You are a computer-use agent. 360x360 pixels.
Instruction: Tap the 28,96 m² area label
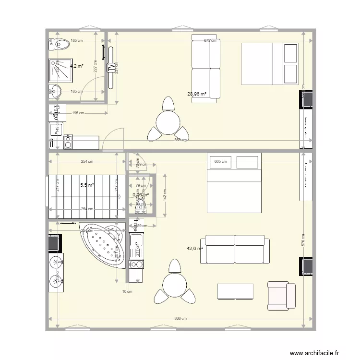pos(197,95)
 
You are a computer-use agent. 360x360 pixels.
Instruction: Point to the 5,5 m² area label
pos(87,185)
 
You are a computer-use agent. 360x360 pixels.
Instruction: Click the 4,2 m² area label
pos(77,66)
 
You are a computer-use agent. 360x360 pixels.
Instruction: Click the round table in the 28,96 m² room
pos(168,121)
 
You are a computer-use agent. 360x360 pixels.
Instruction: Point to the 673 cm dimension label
pos(210,41)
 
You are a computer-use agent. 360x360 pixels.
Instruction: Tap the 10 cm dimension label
pos(127,292)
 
